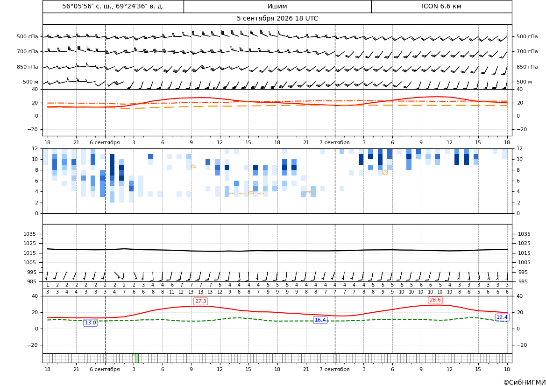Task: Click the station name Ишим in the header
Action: pos(277,6)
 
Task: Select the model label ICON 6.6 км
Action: pos(441,6)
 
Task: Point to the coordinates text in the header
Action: pos(113,6)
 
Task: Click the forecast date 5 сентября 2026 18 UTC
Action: pos(277,19)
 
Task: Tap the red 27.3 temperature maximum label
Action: pos(200,301)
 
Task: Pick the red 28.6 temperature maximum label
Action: pos(435,300)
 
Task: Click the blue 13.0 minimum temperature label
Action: pos(90,323)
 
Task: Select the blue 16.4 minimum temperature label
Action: pos(320,320)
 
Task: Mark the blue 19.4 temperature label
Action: pos(502,317)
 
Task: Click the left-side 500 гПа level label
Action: pos(28,36)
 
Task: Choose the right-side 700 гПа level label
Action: pos(527,51)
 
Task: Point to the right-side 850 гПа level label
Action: pos(527,67)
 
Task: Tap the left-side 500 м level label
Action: pos(31,82)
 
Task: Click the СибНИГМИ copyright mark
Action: pos(525,382)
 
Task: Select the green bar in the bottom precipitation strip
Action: pos(135,358)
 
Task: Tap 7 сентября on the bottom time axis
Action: pos(334,369)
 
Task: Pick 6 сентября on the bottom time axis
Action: pos(105,369)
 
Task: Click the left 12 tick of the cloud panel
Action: pos(35,148)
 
